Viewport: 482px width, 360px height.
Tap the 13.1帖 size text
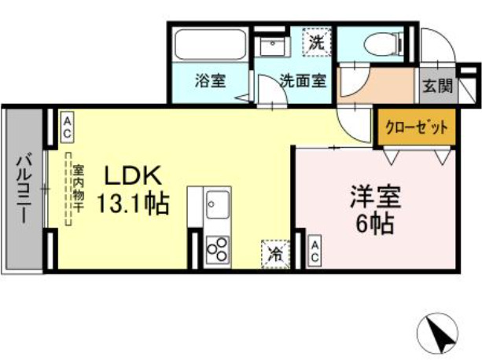point(131,204)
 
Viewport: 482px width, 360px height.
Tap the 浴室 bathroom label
point(208,81)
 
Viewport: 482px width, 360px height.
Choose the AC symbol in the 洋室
point(314,252)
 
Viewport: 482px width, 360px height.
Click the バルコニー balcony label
point(23,189)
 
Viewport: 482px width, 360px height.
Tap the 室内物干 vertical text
point(77,189)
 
